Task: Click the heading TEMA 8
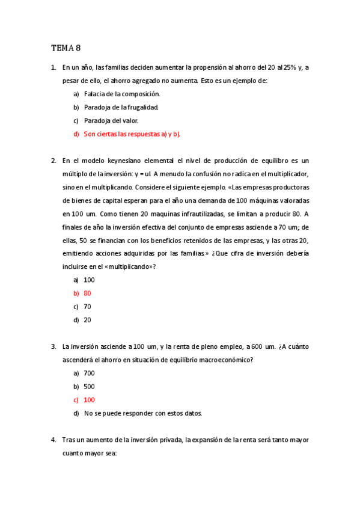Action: tap(66, 48)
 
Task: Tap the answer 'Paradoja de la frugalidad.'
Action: tap(121, 107)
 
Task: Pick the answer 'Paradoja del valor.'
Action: tap(111, 120)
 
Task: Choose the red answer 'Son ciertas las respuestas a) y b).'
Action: tap(132, 134)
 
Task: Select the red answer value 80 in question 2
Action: tap(88, 293)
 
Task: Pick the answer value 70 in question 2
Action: tap(88, 307)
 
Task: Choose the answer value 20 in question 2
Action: tap(88, 320)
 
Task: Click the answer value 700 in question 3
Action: tap(90, 373)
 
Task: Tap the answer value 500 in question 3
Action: tap(90, 387)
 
